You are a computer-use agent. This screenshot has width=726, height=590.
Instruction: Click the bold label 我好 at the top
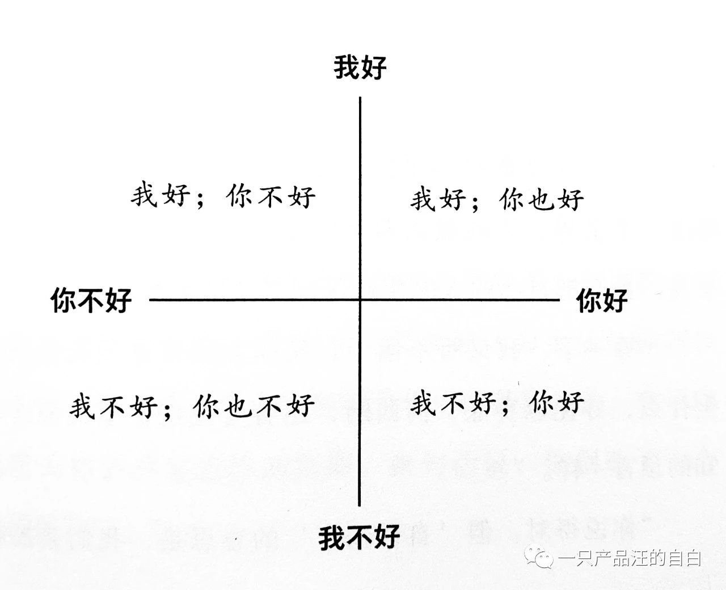[x=360, y=68]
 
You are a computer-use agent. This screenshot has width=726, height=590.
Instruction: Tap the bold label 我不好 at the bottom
[x=359, y=537]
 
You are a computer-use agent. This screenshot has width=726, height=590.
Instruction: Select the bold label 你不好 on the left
[x=91, y=300]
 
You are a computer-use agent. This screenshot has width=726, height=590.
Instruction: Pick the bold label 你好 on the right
[x=602, y=300]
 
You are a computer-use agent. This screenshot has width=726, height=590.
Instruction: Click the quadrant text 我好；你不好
[x=223, y=195]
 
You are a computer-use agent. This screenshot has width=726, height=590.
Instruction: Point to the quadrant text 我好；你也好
[x=497, y=199]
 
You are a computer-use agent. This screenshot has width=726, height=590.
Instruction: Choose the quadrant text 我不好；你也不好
[x=192, y=406]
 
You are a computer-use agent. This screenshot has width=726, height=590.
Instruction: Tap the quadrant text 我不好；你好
[x=497, y=403]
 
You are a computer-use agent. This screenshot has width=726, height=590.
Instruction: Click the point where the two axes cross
[x=360, y=300]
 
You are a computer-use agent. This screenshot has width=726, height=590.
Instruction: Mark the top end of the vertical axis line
[x=360, y=98]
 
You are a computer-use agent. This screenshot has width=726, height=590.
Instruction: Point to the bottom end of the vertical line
[x=359, y=506]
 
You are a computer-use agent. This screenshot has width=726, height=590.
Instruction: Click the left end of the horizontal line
[x=150, y=300]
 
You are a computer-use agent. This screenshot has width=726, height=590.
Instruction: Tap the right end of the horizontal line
[x=559, y=300]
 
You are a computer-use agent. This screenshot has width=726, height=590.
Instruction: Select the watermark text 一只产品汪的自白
[x=629, y=559]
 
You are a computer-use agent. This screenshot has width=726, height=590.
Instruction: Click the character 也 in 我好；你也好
[x=541, y=199]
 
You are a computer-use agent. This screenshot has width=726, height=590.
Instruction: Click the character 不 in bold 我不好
[x=359, y=537]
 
